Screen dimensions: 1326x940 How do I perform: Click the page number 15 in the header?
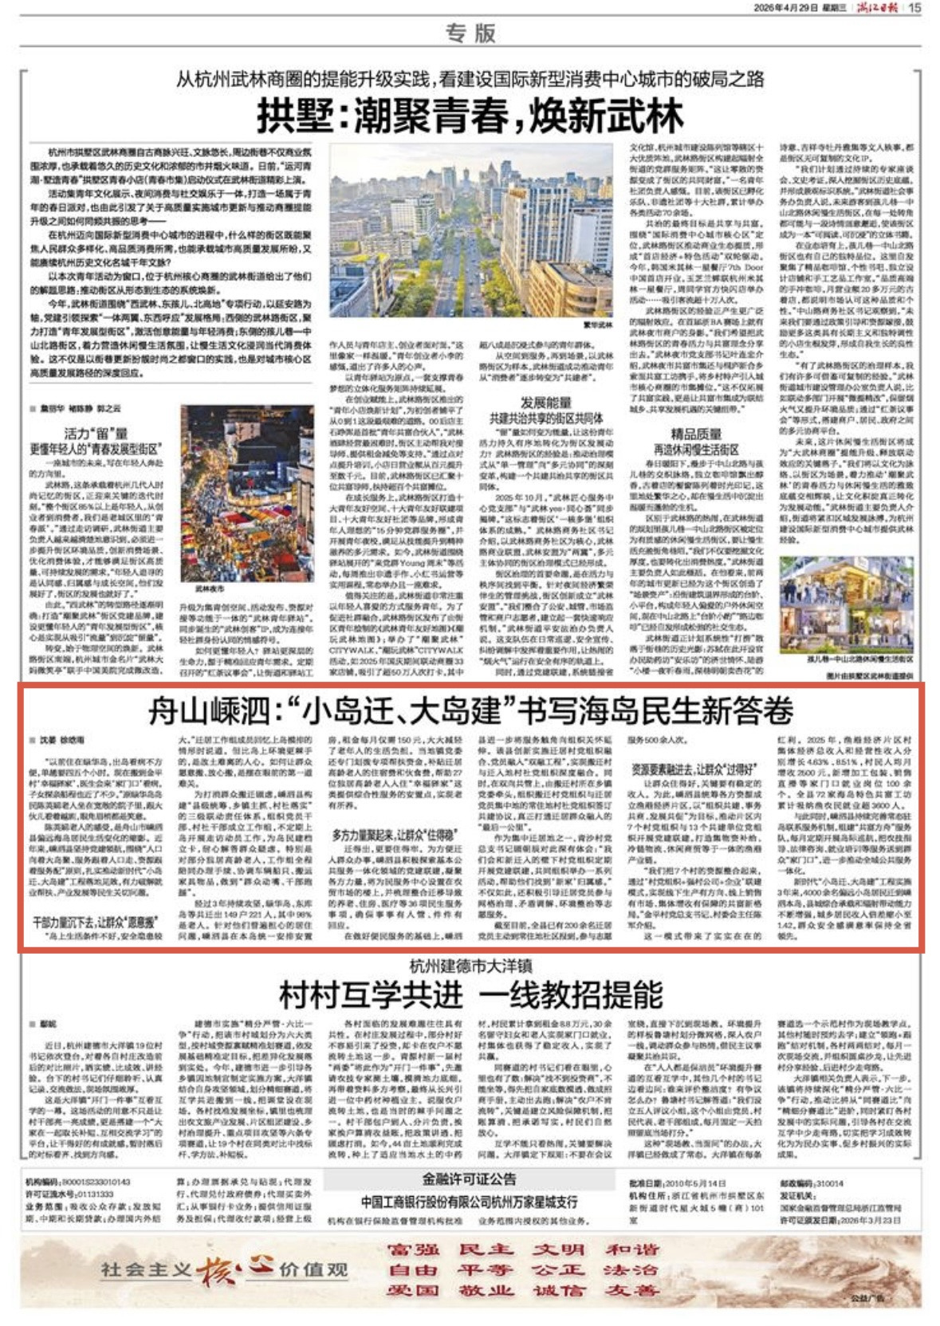click(914, 8)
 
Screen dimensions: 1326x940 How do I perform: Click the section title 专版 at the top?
click(470, 33)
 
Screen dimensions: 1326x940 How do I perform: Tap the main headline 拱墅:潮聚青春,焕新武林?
click(470, 116)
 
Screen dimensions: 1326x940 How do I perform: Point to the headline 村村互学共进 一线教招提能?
click(470, 994)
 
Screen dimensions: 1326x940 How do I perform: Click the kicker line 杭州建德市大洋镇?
click(470, 966)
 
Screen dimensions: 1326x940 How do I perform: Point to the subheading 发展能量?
click(546, 403)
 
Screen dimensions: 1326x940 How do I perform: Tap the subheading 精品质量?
click(695, 435)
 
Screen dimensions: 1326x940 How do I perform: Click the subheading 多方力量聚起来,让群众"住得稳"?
click(394, 835)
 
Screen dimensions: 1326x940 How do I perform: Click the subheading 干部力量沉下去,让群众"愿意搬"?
click(96, 922)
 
